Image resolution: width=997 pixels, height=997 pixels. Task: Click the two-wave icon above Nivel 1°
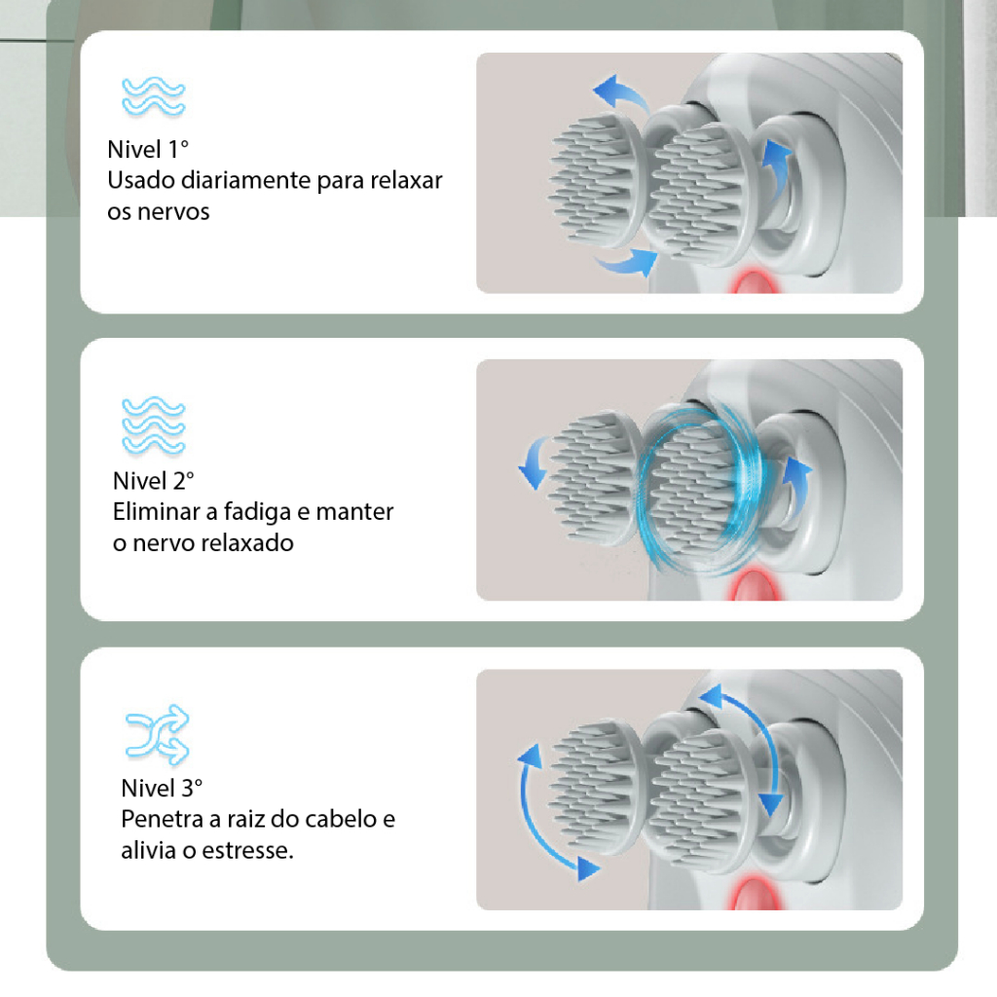pyautogui.click(x=153, y=96)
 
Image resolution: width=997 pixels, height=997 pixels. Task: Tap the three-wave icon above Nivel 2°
pyautogui.click(x=153, y=425)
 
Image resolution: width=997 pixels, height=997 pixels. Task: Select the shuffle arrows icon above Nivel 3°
pyautogui.click(x=157, y=733)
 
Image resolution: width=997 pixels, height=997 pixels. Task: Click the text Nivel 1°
pyautogui.click(x=148, y=149)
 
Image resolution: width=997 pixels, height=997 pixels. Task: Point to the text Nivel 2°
pyautogui.click(x=153, y=481)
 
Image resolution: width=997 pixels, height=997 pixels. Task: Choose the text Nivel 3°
pyautogui.click(x=162, y=788)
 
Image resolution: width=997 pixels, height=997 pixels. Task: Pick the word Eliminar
pyautogui.click(x=157, y=512)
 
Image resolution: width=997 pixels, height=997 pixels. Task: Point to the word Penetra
pyautogui.click(x=162, y=819)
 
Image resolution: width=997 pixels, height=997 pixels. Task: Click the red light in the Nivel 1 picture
pyautogui.click(x=755, y=282)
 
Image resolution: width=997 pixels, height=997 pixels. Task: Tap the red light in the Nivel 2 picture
pyautogui.click(x=756, y=585)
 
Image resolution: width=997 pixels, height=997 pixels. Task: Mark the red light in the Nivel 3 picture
pyautogui.click(x=756, y=894)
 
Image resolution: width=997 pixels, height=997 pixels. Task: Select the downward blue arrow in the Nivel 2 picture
pyautogui.click(x=535, y=461)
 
